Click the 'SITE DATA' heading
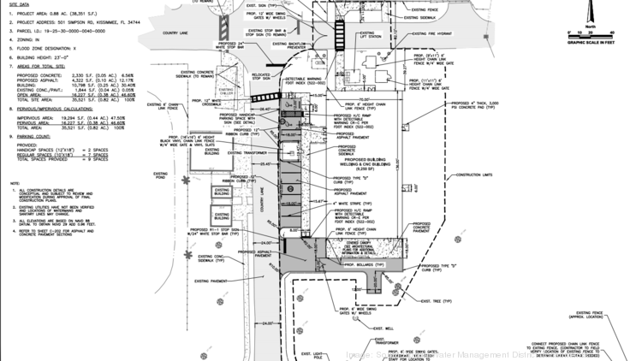tap(21, 3)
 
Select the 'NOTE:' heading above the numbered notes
tap(15, 184)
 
